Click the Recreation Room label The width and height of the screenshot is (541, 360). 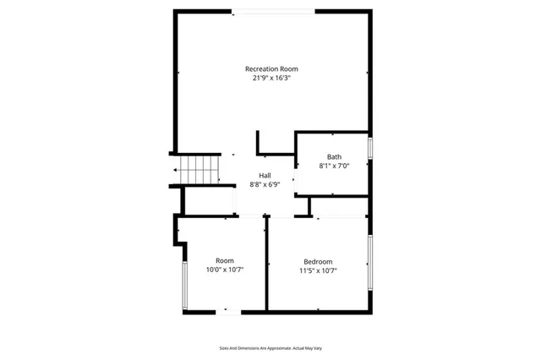point(271,68)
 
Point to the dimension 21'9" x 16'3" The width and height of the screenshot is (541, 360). point(271,78)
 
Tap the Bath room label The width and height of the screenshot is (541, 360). point(335,156)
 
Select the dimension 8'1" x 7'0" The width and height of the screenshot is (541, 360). point(335,166)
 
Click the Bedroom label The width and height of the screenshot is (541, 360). point(318,261)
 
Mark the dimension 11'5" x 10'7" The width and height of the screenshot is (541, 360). point(318,271)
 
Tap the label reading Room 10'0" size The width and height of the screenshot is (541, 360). point(225,260)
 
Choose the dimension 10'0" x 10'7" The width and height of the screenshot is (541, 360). point(225,270)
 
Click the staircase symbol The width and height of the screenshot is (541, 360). point(199,169)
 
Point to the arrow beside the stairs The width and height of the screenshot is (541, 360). point(172,170)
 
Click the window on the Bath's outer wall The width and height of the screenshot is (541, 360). point(370,148)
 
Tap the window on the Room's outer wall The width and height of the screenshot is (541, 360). point(184,286)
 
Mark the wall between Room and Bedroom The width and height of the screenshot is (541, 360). point(267,264)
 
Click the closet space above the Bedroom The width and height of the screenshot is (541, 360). point(341,207)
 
